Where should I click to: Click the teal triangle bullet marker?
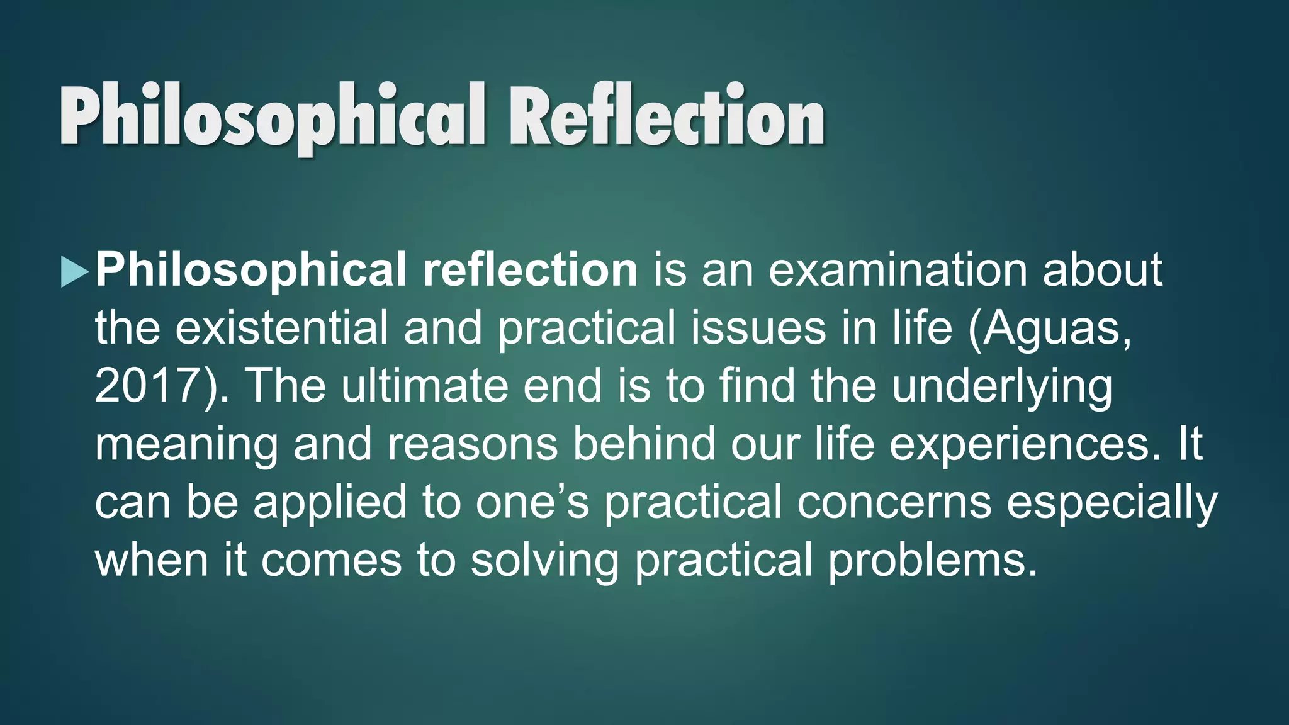pos(74,272)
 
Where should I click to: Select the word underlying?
pos(1002,386)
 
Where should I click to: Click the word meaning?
pos(186,444)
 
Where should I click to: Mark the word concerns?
pos(894,502)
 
